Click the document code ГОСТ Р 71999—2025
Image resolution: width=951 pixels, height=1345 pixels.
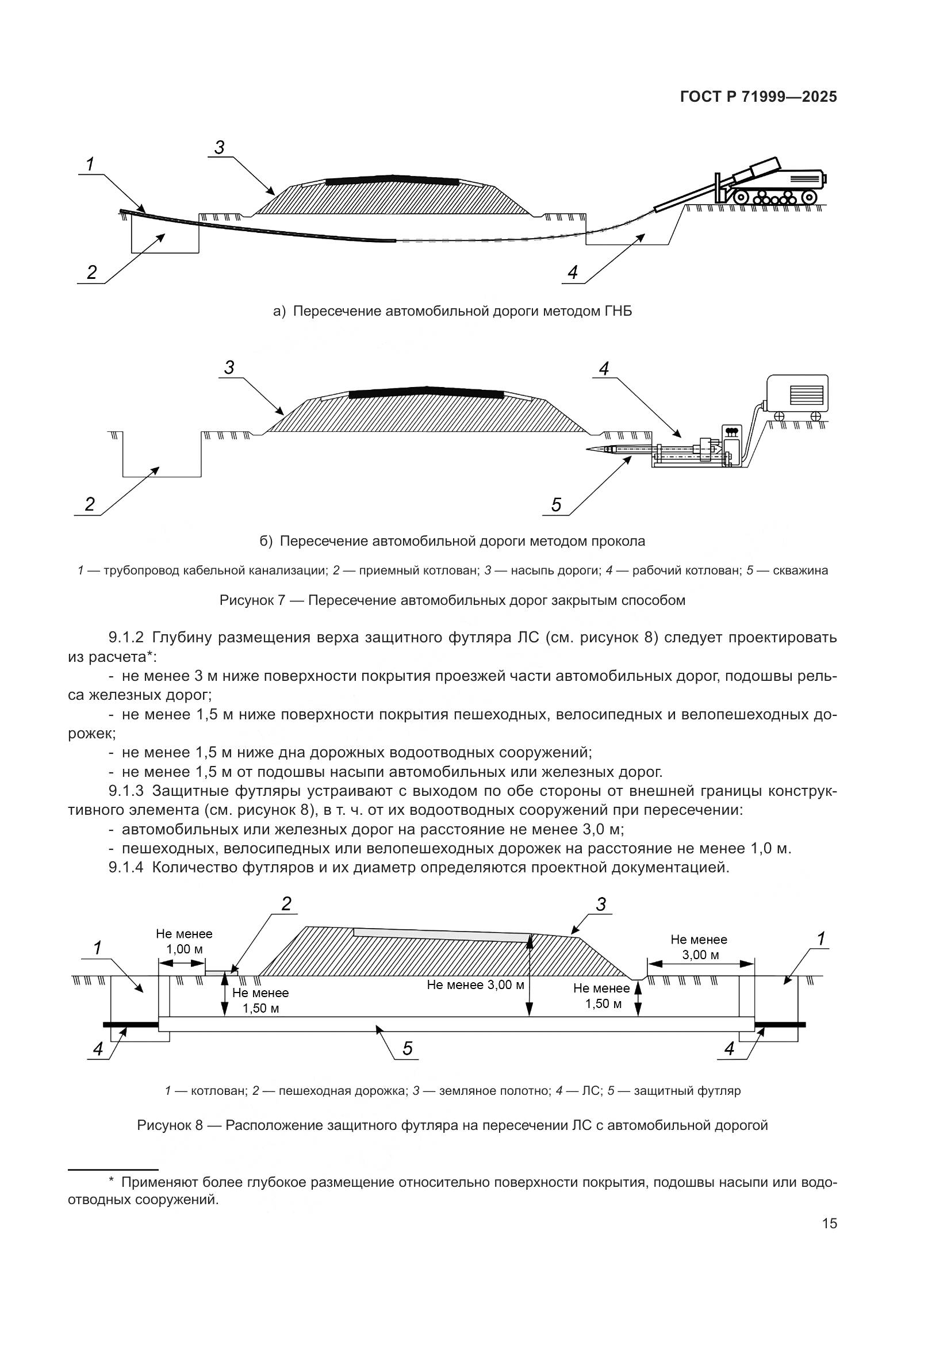(758, 97)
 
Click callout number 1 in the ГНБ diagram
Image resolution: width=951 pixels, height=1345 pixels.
(90, 165)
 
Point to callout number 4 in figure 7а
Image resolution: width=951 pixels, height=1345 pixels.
(572, 273)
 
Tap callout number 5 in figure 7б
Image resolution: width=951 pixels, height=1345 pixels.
(556, 504)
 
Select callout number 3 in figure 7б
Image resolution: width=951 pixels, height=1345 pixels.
(229, 368)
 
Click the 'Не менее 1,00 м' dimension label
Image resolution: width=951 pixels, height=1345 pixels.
(184, 941)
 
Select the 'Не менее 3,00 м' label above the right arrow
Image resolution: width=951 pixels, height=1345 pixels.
(699, 947)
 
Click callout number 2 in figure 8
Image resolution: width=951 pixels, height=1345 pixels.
(286, 904)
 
